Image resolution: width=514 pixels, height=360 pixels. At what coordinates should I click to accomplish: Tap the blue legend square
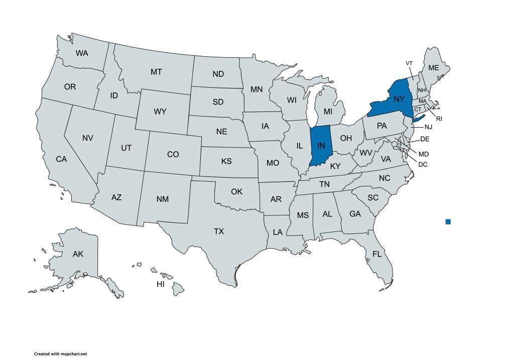[x=448, y=221]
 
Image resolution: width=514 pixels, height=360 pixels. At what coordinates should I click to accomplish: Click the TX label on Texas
[x=219, y=231]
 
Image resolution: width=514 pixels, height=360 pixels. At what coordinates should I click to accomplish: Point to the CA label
[x=61, y=159]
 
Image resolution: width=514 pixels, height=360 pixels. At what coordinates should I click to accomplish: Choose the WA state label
[x=82, y=53]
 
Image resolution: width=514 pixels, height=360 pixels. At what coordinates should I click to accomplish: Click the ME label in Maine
[x=433, y=68]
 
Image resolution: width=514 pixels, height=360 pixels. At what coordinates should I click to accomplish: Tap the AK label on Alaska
[x=78, y=254]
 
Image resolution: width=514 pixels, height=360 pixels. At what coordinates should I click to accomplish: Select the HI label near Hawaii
[x=161, y=284]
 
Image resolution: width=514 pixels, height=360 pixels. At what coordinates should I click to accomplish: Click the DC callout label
[x=423, y=164]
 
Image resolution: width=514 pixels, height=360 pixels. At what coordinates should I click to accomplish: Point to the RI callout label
[x=439, y=119]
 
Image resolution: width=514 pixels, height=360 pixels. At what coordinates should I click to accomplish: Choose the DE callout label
[x=424, y=139]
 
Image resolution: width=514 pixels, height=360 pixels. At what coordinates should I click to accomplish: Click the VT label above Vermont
[x=409, y=63]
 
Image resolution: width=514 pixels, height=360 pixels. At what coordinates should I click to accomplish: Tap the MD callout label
[x=424, y=154]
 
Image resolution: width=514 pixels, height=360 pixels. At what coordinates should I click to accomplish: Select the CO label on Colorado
[x=173, y=155]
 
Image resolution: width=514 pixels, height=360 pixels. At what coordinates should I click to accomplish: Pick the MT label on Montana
[x=156, y=72]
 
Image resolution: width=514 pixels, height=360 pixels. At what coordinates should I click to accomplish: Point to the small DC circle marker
[x=395, y=145]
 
